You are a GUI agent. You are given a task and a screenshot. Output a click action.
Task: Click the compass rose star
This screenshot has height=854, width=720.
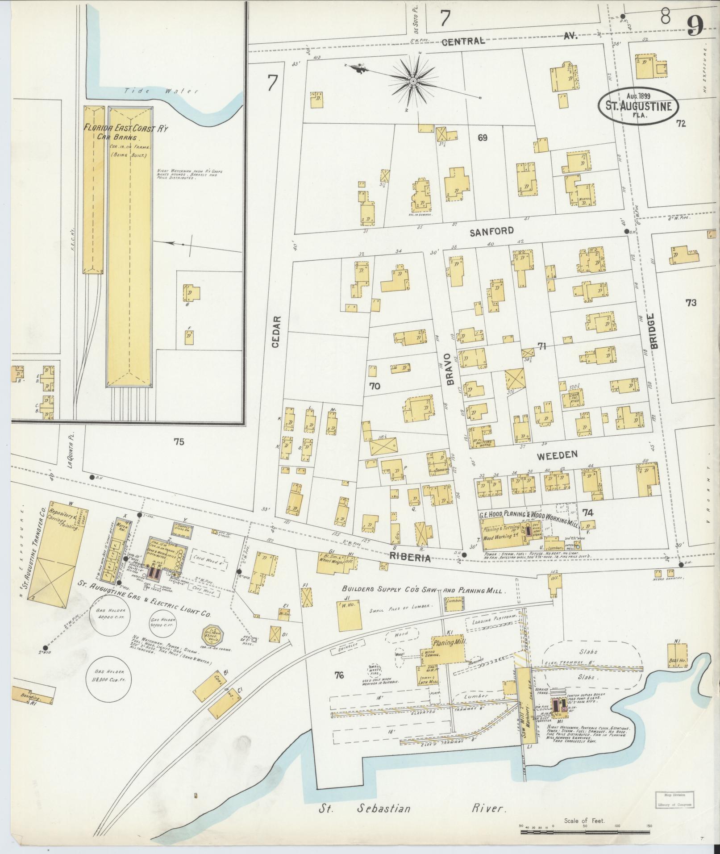(413, 81)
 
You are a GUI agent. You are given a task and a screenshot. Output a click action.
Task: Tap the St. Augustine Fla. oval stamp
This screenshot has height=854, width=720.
(638, 106)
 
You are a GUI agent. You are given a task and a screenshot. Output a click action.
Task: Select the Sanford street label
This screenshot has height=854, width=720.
(491, 231)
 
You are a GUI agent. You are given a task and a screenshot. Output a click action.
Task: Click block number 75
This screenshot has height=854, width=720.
(179, 442)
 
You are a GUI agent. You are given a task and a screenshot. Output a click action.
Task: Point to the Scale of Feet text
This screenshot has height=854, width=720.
(584, 821)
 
